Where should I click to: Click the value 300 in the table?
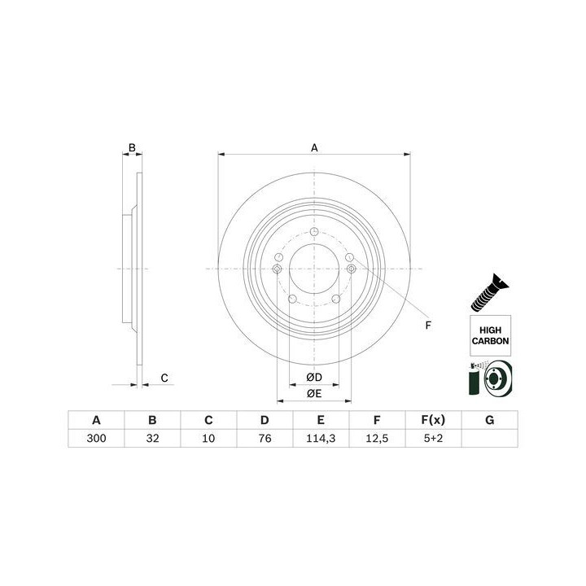coord(96,438)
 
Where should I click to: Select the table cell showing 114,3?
coord(321,438)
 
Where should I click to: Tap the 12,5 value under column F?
coord(377,438)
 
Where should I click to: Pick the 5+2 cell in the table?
coord(433,438)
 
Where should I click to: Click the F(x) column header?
coord(433,420)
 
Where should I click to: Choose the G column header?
coord(490,420)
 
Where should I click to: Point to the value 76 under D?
coord(265,438)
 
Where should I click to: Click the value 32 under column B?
coord(152,438)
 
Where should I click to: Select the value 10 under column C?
coord(208,438)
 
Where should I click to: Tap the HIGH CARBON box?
coord(490,335)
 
